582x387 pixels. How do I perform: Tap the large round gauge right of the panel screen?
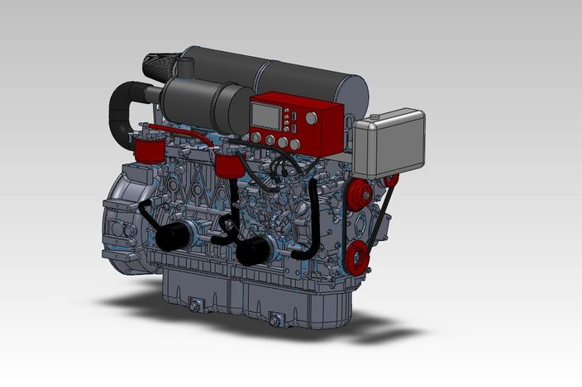click(x=312, y=118)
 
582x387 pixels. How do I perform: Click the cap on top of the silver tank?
click(x=375, y=120)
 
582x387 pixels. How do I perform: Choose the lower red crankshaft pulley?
click(x=356, y=257)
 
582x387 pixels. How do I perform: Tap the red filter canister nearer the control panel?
click(x=227, y=166)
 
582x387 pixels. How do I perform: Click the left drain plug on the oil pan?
click(x=197, y=307)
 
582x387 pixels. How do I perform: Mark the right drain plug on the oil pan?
click(x=274, y=317)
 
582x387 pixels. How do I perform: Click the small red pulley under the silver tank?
click(x=391, y=180)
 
